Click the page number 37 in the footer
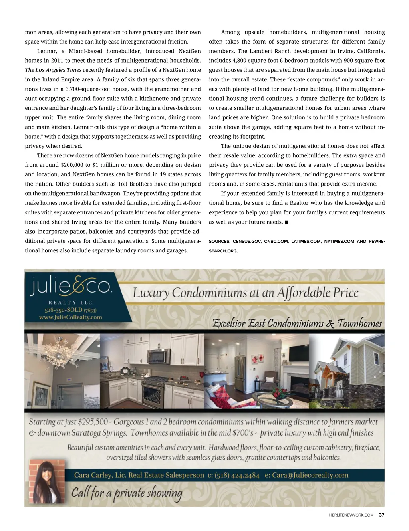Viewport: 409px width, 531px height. (381, 515)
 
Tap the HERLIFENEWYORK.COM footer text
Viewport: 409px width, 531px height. (351, 515)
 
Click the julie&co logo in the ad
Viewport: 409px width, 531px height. (71, 285)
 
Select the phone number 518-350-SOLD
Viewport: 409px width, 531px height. (64, 310)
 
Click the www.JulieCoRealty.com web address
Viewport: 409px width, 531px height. (71, 317)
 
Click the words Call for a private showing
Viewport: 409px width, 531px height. (127, 493)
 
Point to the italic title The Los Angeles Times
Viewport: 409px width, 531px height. (53, 70)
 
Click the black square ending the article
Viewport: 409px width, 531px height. (286, 222)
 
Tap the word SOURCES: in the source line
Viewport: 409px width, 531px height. (219, 242)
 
